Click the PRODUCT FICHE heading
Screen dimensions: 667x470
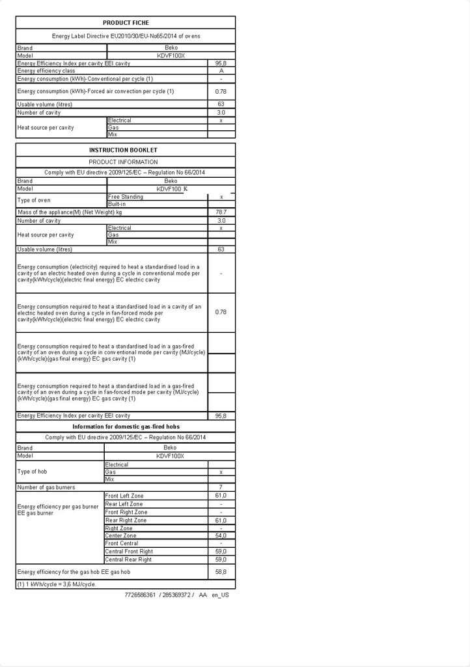(x=126, y=23)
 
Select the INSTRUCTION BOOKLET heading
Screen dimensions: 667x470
(x=123, y=150)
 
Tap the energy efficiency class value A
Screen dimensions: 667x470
(x=221, y=71)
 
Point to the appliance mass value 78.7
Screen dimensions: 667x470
(x=221, y=212)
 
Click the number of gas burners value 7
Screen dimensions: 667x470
(x=221, y=487)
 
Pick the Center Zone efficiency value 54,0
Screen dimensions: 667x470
(x=221, y=535)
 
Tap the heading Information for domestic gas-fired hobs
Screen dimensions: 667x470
(x=126, y=427)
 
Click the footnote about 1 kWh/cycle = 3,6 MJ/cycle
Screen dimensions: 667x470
(x=57, y=584)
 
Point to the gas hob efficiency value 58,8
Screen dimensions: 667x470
(x=221, y=572)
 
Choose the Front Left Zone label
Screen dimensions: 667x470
(x=124, y=496)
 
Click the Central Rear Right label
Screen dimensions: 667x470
(x=128, y=560)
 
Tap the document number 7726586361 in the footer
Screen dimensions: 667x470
(x=140, y=595)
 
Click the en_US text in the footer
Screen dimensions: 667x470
(x=220, y=595)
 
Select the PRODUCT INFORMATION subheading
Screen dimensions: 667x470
(x=123, y=162)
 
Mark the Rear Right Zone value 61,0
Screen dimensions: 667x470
(x=221, y=520)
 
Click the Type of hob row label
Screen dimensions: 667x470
(x=32, y=472)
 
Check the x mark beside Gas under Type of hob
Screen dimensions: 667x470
(x=221, y=472)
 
